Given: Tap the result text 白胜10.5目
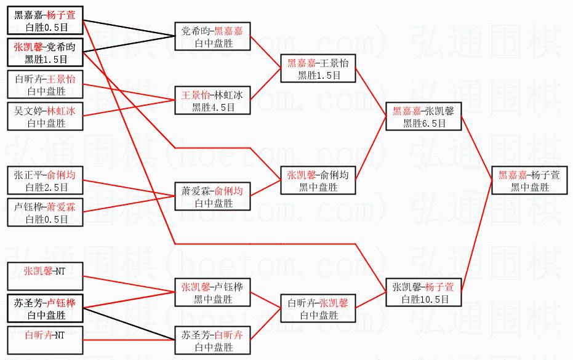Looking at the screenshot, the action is [423, 300].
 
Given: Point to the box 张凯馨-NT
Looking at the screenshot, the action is [46, 277].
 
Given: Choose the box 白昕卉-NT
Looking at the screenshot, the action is [46, 341].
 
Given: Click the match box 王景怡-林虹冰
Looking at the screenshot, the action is [212, 101].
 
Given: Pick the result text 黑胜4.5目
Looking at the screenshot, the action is [212, 107].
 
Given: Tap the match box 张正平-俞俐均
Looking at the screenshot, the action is [46, 181].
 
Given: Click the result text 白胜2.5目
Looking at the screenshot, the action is [46, 187].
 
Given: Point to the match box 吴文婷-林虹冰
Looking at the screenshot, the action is [46, 117].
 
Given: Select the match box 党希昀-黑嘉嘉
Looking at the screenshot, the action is [212, 37].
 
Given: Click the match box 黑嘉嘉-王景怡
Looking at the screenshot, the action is [318, 69].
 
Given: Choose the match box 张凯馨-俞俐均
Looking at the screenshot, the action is [318, 181].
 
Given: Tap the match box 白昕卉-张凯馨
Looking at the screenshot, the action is [318, 309].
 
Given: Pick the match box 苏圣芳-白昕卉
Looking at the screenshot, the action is [212, 341].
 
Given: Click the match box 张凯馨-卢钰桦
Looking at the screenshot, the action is [212, 293].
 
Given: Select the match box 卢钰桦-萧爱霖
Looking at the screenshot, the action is [46, 213].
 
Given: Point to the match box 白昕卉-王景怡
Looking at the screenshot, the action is [46, 85].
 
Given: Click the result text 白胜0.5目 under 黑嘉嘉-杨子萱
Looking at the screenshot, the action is [46, 27].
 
